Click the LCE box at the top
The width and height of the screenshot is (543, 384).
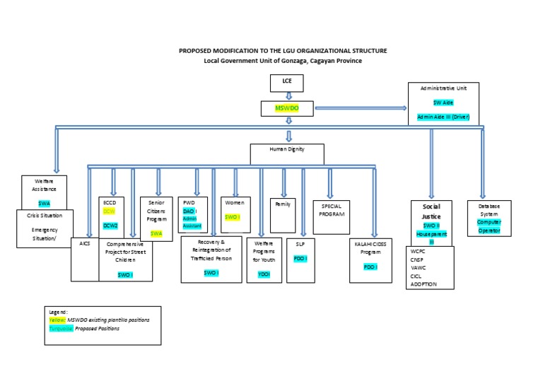[x=287, y=83]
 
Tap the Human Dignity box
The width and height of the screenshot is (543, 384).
[x=287, y=150]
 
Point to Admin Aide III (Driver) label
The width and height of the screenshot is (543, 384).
[x=443, y=116]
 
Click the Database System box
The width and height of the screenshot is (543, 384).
[x=489, y=218]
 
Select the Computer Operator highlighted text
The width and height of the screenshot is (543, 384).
[x=489, y=226]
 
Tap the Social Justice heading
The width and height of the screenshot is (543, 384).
[x=431, y=211]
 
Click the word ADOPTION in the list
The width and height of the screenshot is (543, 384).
[x=424, y=284]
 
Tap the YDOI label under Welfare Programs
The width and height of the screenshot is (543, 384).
[x=264, y=274]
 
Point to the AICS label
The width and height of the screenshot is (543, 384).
[x=85, y=243]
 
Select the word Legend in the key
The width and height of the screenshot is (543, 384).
[x=57, y=312]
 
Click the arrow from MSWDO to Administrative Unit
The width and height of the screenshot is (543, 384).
[x=360, y=108]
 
